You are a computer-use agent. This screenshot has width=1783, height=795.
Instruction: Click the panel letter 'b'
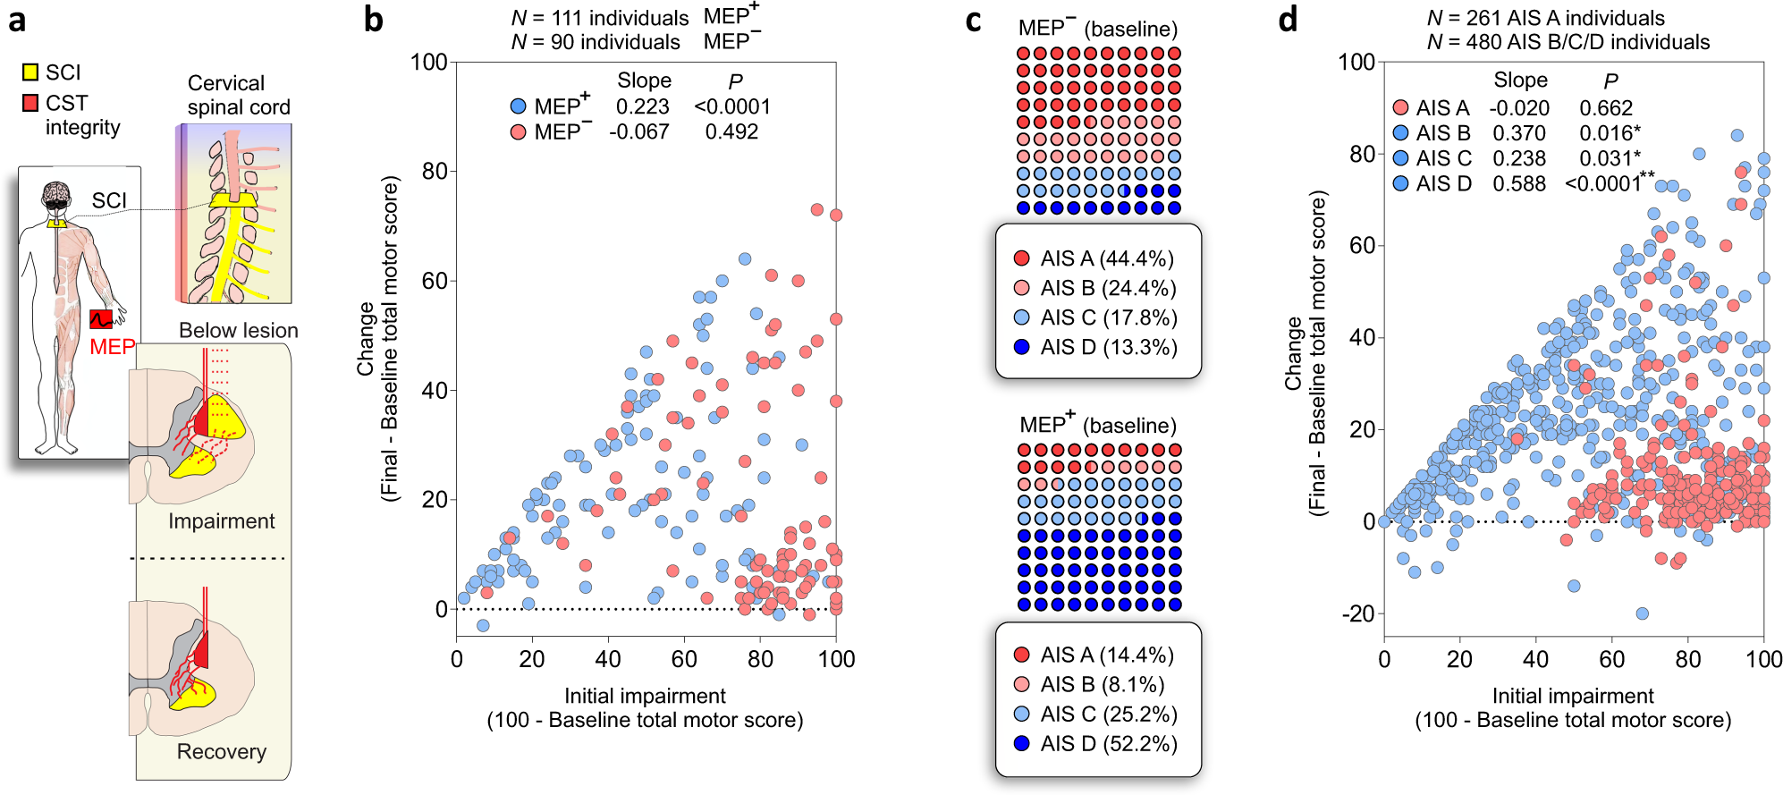click(x=374, y=20)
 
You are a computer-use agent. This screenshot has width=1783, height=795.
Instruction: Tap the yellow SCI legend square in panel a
click(x=30, y=72)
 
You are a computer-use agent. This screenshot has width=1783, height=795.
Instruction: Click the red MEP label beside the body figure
click(x=113, y=347)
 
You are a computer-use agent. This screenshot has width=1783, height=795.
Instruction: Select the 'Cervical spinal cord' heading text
click(x=238, y=95)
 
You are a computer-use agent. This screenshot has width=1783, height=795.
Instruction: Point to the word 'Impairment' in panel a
click(x=221, y=521)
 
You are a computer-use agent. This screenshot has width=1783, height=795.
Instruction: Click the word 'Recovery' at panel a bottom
click(x=221, y=751)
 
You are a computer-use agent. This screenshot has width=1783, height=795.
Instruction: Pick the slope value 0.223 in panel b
click(x=642, y=106)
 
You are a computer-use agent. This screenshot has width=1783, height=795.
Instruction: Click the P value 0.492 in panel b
click(x=731, y=131)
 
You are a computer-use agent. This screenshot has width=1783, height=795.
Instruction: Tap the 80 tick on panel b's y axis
click(x=435, y=171)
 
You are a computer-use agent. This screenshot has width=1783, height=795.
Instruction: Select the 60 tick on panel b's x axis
click(x=684, y=659)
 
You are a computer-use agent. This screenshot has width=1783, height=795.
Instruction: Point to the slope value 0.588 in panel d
click(x=1518, y=183)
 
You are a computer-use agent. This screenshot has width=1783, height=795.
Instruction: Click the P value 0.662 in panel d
click(x=1605, y=108)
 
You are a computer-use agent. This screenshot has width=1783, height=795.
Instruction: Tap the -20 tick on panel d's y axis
click(x=1357, y=613)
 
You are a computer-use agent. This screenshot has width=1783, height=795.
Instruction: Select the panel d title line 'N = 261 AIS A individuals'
click(x=1545, y=18)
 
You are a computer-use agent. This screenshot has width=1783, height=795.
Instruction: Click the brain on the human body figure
click(x=56, y=192)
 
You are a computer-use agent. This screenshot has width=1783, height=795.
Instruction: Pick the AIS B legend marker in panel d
click(x=1400, y=133)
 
